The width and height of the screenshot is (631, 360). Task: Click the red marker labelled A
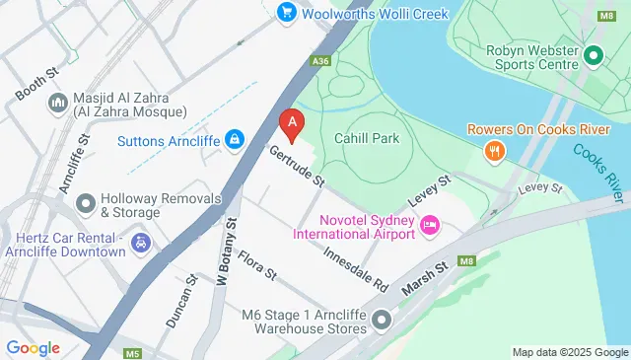coord(292,123)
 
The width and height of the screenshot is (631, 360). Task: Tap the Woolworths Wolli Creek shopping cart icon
coord(287,13)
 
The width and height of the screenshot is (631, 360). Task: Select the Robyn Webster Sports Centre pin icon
coord(593,57)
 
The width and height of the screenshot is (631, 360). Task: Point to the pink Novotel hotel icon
coord(430,226)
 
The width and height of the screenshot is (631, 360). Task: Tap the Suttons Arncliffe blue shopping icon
coord(234,141)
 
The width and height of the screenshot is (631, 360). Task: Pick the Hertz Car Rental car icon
coord(142,242)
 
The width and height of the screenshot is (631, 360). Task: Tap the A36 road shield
coord(319,61)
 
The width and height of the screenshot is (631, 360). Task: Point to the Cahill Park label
coord(367,139)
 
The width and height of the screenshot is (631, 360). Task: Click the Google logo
coord(34,348)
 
